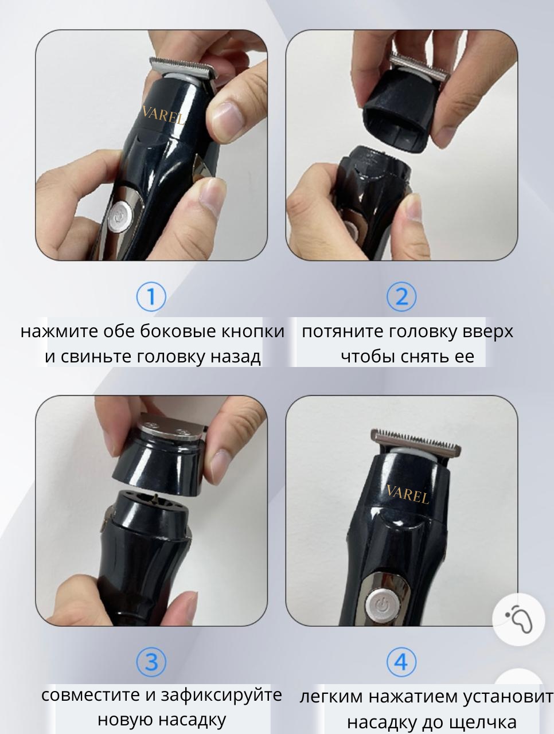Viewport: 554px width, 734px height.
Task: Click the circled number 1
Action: (151, 296)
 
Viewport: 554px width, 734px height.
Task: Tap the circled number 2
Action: (401, 296)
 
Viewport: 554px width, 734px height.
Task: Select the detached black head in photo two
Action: (398, 120)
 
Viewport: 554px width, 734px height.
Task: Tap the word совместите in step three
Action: (91, 695)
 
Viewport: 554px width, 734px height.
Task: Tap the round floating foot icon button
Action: (518, 620)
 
